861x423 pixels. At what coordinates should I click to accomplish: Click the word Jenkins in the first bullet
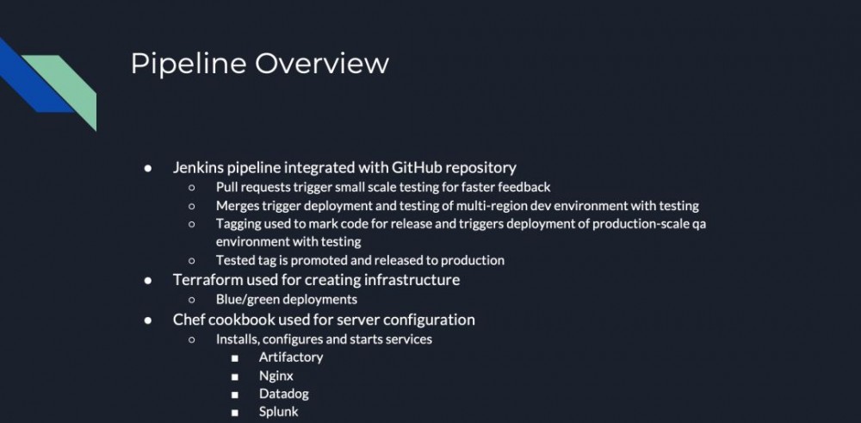pyautogui.click(x=197, y=167)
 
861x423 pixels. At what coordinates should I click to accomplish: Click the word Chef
pyautogui.click(x=189, y=320)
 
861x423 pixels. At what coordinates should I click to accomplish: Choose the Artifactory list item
pyautogui.click(x=291, y=357)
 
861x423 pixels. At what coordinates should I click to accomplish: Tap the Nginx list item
pyautogui.click(x=276, y=376)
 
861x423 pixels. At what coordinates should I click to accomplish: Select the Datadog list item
pyautogui.click(x=283, y=394)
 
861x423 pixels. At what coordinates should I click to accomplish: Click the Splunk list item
pyautogui.click(x=278, y=412)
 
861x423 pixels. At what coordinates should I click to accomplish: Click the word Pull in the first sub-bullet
pyautogui.click(x=227, y=187)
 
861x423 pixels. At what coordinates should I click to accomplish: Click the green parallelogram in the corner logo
pyautogui.click(x=65, y=86)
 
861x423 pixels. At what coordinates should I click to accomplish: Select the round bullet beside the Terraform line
pyautogui.click(x=149, y=280)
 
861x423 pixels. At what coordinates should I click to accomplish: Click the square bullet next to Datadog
pyautogui.click(x=234, y=395)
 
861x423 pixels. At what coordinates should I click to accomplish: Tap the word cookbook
pyautogui.click(x=243, y=320)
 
